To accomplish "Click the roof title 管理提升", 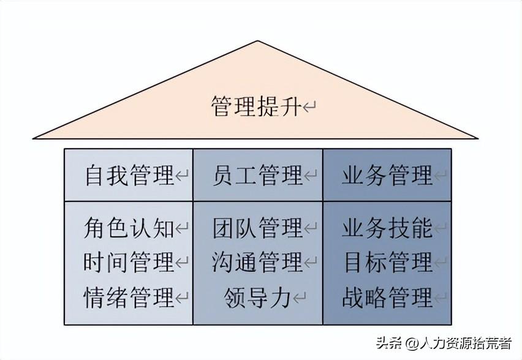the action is coord(256,106).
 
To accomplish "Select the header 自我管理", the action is coord(129,175).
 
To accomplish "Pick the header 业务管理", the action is coord(387,175).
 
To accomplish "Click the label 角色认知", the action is coord(129,228).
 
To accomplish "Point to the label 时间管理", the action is coord(129,262).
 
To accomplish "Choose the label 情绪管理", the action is coord(129,297).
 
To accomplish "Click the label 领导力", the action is coord(257,297).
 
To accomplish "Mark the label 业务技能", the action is coord(387,228).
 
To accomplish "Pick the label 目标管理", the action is coord(388,262).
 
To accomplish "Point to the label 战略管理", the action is coord(387,297).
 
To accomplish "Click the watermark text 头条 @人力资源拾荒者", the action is coord(444,343).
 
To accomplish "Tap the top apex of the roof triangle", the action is coord(258,41).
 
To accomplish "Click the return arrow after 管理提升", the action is coord(309,107).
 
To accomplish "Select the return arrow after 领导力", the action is coord(299,298).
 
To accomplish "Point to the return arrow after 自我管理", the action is coord(182,175).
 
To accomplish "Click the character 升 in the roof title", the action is coord(290,106).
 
